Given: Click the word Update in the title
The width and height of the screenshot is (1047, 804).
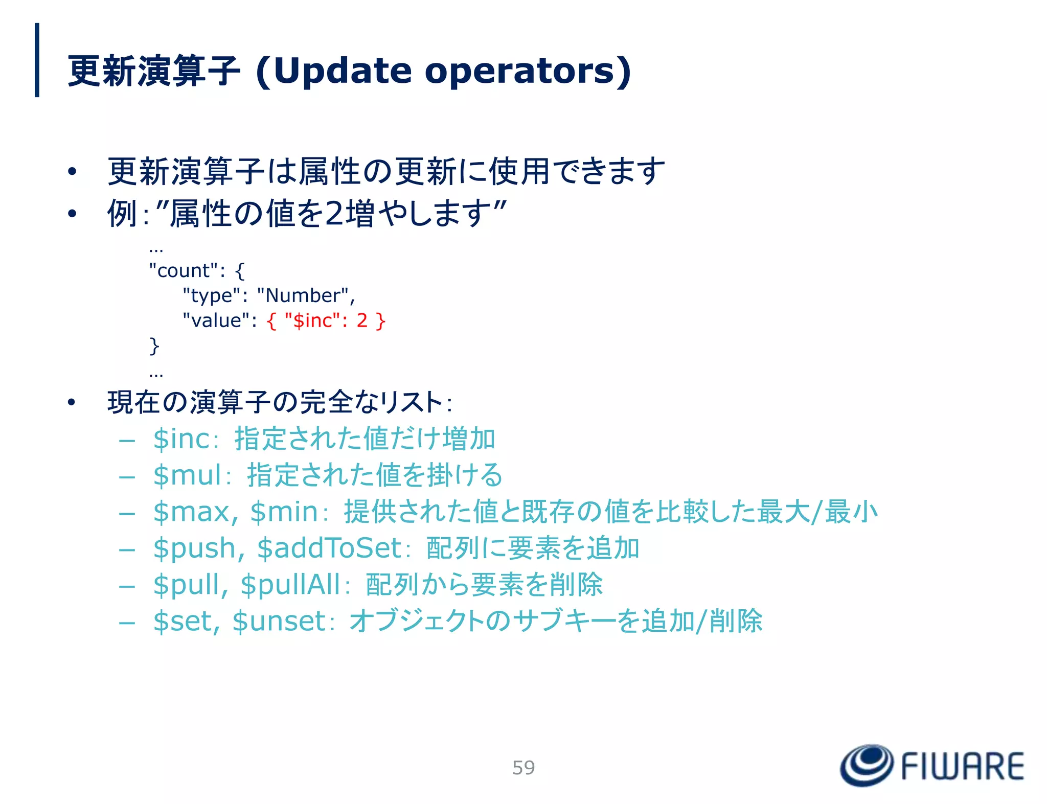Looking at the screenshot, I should tap(341, 71).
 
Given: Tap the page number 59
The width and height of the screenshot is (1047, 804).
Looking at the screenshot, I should tap(523, 768).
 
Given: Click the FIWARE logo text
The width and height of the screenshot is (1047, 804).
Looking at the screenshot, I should tap(962, 767).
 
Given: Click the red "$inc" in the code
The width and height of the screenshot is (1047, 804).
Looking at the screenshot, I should tap(312, 320).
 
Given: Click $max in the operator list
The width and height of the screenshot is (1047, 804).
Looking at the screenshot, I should tap(192, 512).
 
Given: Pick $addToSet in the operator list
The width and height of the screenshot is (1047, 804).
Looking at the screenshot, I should tap(329, 548).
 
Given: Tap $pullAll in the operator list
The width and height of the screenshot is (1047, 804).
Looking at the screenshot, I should tap(290, 585).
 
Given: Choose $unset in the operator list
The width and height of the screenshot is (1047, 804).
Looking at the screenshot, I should tap(279, 622).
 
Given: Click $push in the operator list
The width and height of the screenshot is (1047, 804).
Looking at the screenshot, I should tap(194, 548).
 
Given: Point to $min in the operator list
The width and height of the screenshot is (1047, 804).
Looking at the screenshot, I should tap(284, 512).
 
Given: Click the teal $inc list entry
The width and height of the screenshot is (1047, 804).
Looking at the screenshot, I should tap(181, 439).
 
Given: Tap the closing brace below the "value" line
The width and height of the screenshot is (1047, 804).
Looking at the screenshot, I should tap(154, 346).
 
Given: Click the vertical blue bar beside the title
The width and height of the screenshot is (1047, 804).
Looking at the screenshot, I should tap(37, 60).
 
